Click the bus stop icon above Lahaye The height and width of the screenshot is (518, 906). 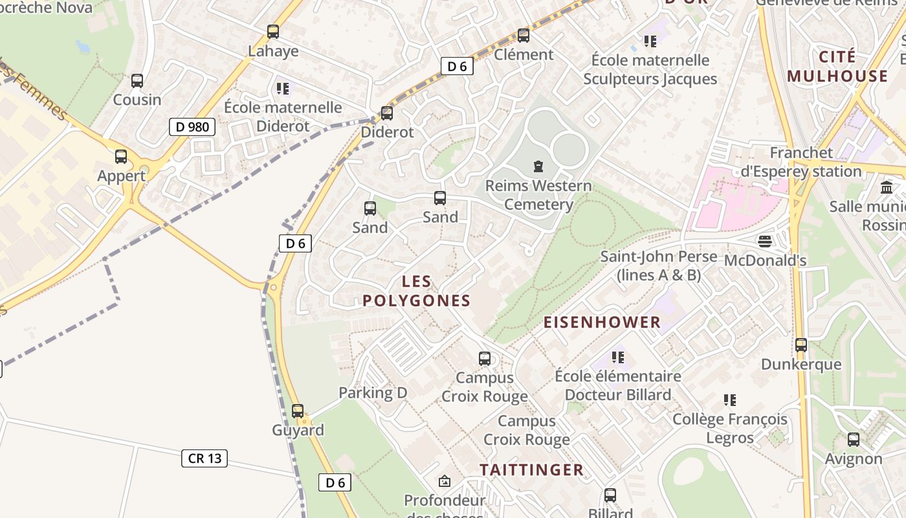[273, 31]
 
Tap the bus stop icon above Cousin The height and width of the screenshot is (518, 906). [137, 81]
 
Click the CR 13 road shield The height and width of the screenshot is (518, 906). [204, 458]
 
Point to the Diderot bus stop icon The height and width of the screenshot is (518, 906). [387, 113]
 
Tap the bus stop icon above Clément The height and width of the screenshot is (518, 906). [524, 36]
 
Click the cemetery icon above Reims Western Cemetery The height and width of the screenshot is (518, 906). [538, 166]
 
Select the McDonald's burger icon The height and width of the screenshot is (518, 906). [765, 242]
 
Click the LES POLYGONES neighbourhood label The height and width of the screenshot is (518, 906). [416, 291]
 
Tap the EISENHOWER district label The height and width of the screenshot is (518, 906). [602, 322]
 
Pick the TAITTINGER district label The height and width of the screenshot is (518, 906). [531, 469]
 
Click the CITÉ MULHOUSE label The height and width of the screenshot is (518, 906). [837, 66]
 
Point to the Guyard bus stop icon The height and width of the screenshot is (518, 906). [298, 411]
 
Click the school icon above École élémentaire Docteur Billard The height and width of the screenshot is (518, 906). [618, 357]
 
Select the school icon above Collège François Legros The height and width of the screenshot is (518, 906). [730, 400]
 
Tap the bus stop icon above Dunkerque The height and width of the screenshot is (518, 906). [801, 345]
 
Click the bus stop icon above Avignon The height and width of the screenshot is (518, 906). [854, 440]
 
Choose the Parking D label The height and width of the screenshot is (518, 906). [373, 392]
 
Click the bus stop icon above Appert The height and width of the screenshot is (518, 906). [121, 157]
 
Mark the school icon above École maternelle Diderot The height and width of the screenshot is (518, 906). [282, 88]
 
